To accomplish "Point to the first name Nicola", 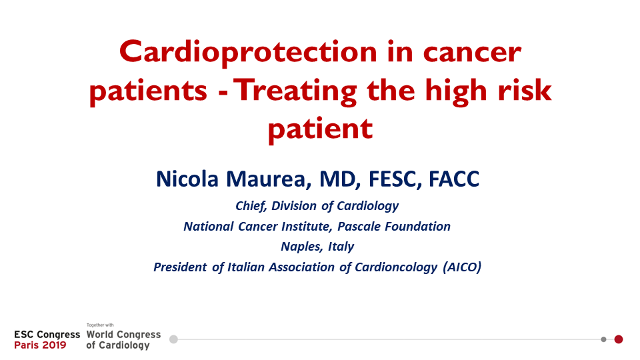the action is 187,179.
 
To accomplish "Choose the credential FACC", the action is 454,179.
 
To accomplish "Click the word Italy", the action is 341,247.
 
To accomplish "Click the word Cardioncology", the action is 396,267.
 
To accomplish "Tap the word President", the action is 180,267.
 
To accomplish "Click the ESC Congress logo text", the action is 47,335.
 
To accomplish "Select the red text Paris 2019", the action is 40,345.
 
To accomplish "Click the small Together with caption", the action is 100,325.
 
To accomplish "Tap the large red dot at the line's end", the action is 619,339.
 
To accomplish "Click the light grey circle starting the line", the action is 173,339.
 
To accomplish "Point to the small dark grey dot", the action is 604,339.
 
